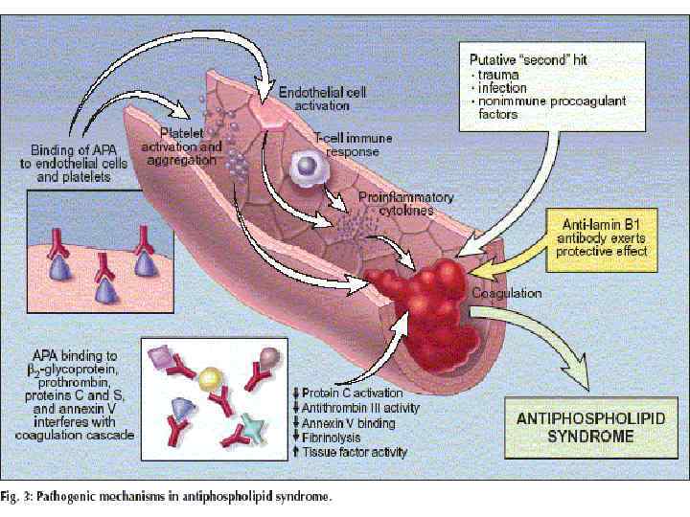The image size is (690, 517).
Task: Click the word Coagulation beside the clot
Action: tap(506, 293)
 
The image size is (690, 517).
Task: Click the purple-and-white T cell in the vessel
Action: tap(308, 169)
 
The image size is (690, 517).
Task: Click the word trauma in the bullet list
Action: tap(497, 74)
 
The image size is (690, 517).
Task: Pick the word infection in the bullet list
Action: tap(501, 87)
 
